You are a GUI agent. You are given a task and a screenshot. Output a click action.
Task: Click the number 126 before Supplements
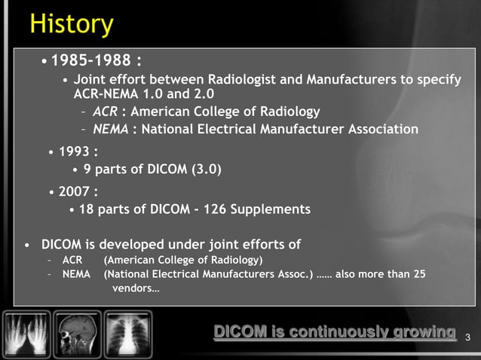click(212, 209)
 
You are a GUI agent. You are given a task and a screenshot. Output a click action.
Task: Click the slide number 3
click(468, 336)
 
